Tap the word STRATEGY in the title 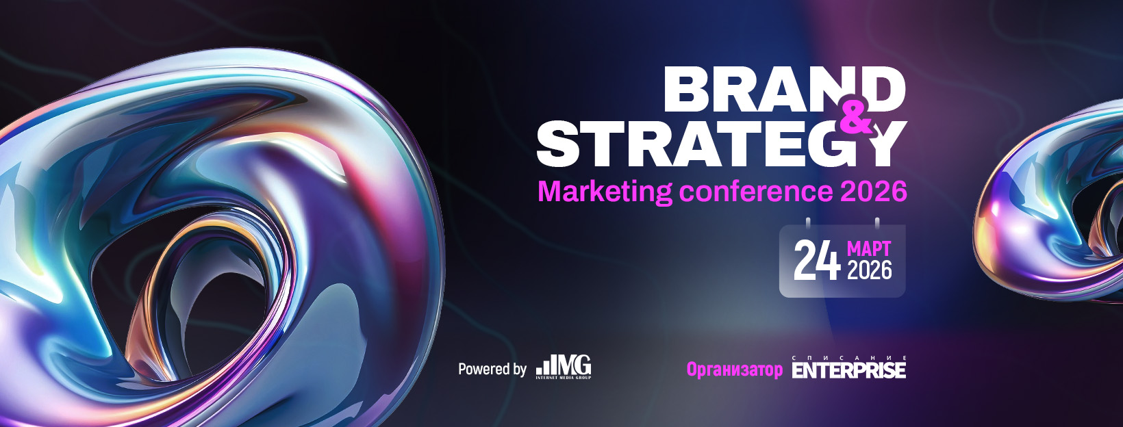tap(722, 143)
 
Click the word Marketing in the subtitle tap(605, 192)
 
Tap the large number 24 tap(817, 260)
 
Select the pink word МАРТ tap(869, 248)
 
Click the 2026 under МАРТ tap(870, 270)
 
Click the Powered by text tap(492, 370)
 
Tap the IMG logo tap(564, 367)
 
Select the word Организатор tap(735, 370)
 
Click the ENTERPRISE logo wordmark tap(849, 370)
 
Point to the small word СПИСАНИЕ tap(849, 358)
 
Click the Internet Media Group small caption tap(564, 377)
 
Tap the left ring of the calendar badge tap(808, 223)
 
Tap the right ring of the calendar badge tap(877, 223)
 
